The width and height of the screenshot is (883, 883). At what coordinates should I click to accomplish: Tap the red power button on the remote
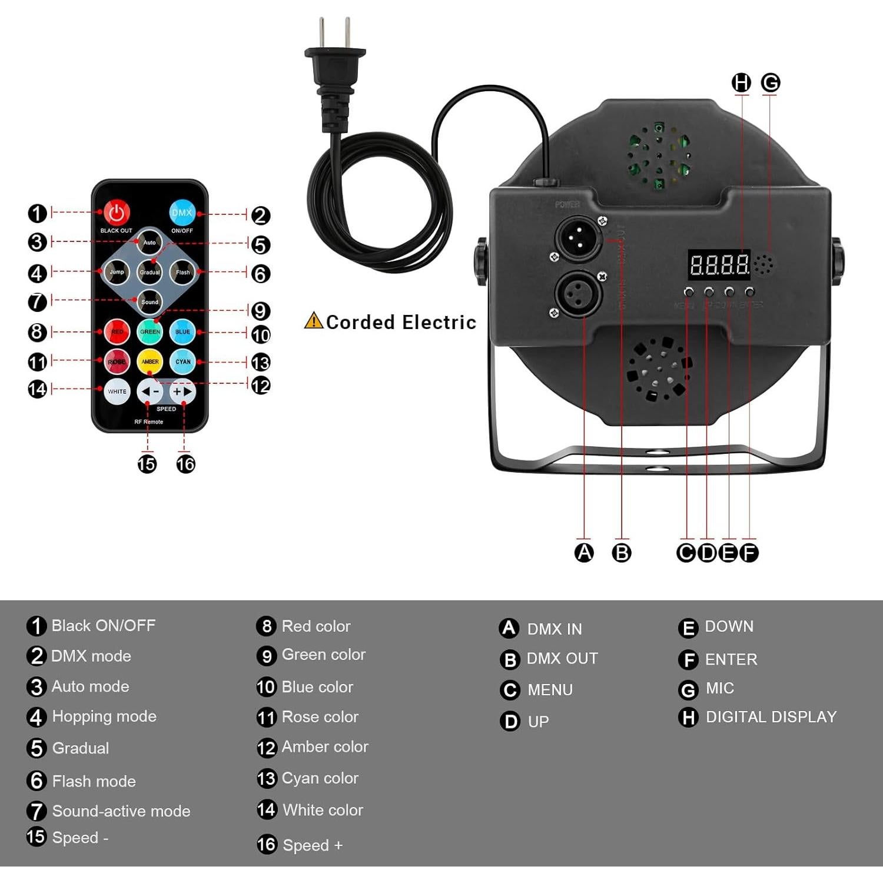117,213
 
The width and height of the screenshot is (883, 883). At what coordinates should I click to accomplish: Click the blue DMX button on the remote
182,213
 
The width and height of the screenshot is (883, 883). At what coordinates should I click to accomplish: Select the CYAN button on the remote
182,361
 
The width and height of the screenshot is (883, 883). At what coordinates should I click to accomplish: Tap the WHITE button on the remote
117,391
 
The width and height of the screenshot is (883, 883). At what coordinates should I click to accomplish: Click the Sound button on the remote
150,301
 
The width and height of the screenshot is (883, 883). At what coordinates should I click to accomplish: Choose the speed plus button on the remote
182,391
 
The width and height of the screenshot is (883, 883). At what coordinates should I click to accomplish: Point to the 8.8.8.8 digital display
719,265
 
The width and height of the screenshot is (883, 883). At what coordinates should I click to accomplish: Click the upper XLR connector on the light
579,238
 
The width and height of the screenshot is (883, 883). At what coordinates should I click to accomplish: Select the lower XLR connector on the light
578,293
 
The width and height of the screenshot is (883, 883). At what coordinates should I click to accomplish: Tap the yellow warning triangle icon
313,321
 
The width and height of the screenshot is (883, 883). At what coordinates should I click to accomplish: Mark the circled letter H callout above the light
741,83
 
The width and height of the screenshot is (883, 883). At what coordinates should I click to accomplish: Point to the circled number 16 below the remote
185,464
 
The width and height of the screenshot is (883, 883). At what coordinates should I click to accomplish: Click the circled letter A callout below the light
584,552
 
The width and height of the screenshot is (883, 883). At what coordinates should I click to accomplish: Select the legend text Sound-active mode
121,811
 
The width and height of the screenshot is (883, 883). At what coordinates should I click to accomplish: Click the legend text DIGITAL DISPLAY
771,717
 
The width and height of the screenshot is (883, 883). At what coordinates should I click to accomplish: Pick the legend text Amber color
324,746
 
